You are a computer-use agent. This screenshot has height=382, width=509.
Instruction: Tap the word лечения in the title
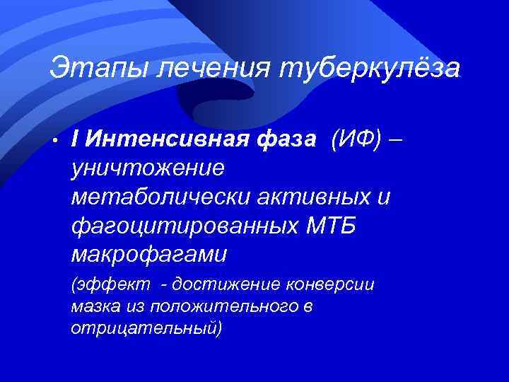pyautogui.click(x=205, y=68)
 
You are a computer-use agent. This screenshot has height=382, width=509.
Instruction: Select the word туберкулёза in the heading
pyautogui.click(x=370, y=68)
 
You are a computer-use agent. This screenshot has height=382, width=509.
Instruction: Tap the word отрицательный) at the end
pyautogui.click(x=146, y=330)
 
